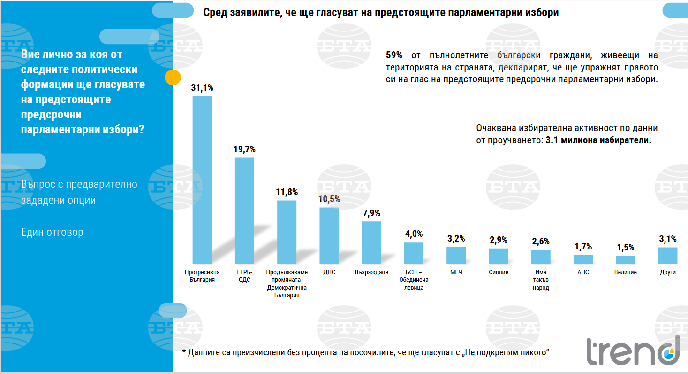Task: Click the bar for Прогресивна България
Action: coord(202,180)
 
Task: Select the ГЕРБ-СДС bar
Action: coord(244,210)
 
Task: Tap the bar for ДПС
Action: coord(329,235)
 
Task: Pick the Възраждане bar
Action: coord(371,242)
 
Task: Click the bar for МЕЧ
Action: coord(456,255)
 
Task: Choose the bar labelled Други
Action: coord(667,255)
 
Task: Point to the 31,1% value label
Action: coord(202,87)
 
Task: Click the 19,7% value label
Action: coord(244,149)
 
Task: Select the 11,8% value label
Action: coord(287,192)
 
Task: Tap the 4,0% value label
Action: coord(414,234)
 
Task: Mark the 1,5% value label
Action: coord(625,248)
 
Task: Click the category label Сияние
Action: coord(498,273)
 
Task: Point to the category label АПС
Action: coord(583,273)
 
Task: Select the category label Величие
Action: coord(625,273)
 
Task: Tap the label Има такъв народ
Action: coord(541,280)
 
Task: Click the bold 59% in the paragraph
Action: coord(394,55)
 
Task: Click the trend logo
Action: coord(633,351)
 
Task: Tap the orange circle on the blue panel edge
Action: coord(173,77)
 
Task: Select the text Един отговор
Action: coord(52,233)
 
